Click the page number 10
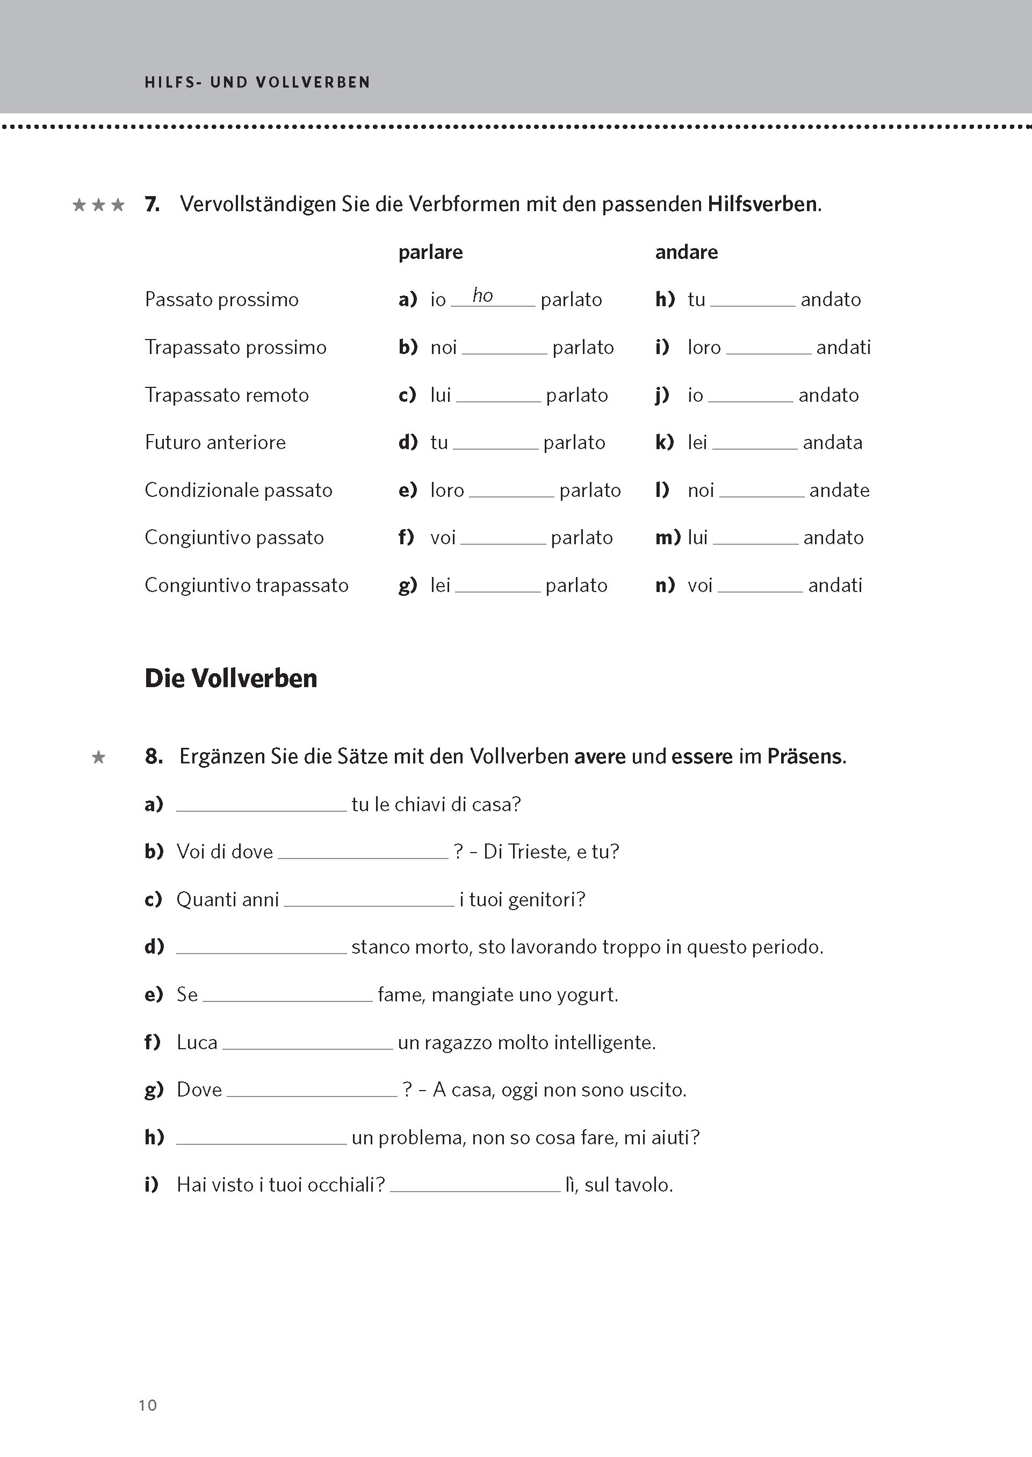point(147,1404)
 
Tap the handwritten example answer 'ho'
point(482,295)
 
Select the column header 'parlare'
point(430,253)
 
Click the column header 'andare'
point(687,253)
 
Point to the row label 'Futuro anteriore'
point(215,442)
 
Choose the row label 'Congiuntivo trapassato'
point(247,585)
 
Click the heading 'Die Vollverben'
point(230,679)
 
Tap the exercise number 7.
point(152,205)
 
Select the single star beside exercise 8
point(98,758)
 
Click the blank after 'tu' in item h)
point(753,300)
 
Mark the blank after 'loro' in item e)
point(511,491)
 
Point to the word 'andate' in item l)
point(839,490)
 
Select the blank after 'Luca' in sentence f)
point(308,1043)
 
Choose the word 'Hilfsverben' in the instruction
point(762,205)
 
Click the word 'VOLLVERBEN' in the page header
point(313,83)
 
